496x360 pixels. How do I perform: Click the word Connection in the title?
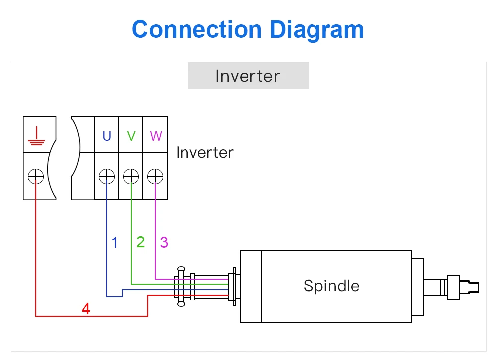tap(197, 29)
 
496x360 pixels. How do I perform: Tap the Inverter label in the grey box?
tap(248, 76)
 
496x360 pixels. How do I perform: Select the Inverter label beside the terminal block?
tap(205, 152)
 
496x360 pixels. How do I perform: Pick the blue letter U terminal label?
tap(107, 136)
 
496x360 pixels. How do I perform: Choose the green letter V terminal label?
tap(131, 136)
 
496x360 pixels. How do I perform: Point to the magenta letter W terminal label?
tap(156, 136)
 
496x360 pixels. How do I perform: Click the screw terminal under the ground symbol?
tap(36, 176)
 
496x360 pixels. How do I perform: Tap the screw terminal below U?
tap(107, 176)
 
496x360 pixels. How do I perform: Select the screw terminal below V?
tap(131, 176)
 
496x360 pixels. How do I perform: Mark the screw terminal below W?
tap(155, 176)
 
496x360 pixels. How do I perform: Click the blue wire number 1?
tap(115, 242)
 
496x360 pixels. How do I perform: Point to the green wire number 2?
tap(141, 242)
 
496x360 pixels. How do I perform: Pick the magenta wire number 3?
tap(164, 242)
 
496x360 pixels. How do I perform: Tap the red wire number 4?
tap(86, 309)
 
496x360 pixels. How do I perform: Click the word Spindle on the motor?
tap(331, 286)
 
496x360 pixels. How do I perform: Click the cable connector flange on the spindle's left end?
tap(234, 286)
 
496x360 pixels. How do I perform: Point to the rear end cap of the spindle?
tap(251, 287)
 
